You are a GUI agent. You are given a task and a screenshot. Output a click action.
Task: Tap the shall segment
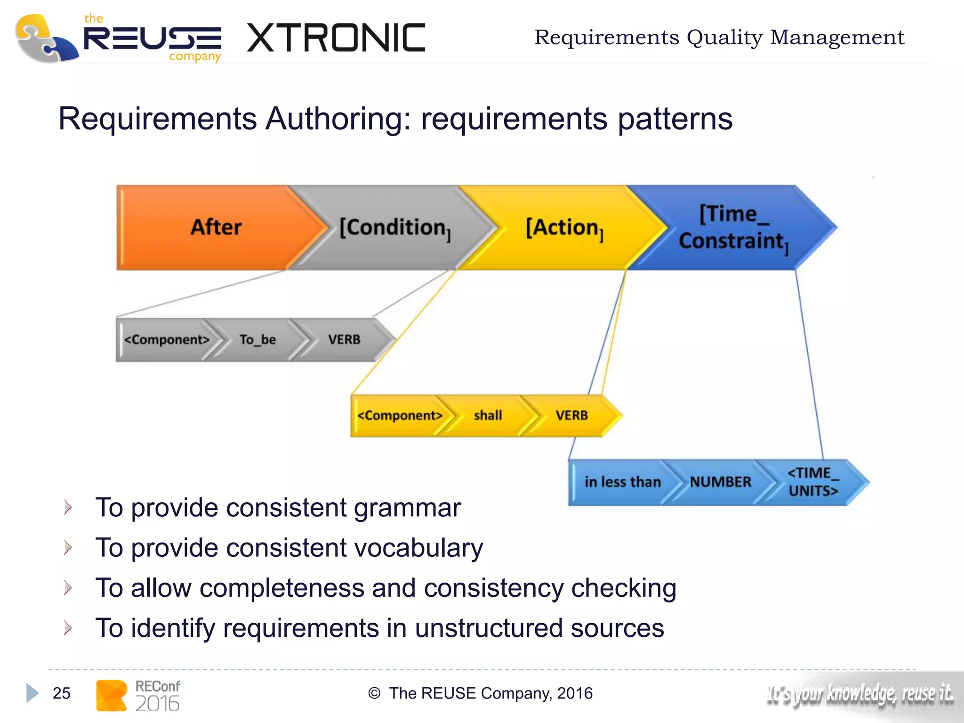click(488, 416)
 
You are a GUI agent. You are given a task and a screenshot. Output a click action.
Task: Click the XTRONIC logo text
click(336, 38)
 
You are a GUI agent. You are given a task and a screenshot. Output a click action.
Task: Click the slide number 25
click(61, 693)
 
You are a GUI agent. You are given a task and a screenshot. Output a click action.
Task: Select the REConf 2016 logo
click(138, 695)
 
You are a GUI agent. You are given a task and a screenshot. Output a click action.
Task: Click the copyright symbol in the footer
click(374, 693)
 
